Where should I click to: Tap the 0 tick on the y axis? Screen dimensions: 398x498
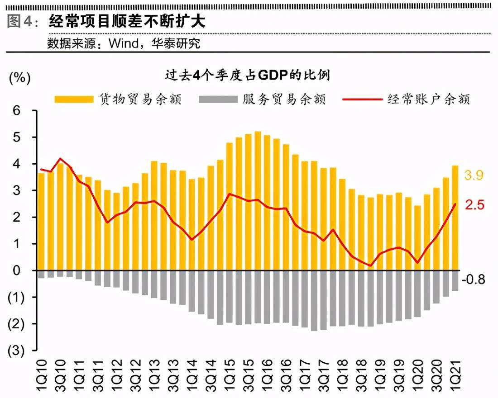point(17,270)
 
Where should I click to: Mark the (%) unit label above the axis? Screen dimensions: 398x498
point(19,78)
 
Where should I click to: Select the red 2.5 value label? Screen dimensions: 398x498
point(474,205)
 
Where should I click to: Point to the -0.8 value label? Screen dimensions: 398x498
point(474,280)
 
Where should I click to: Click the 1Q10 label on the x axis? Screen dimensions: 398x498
point(41,373)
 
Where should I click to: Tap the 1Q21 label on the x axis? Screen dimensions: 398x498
point(455,373)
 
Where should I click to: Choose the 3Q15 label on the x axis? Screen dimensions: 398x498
point(248,373)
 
